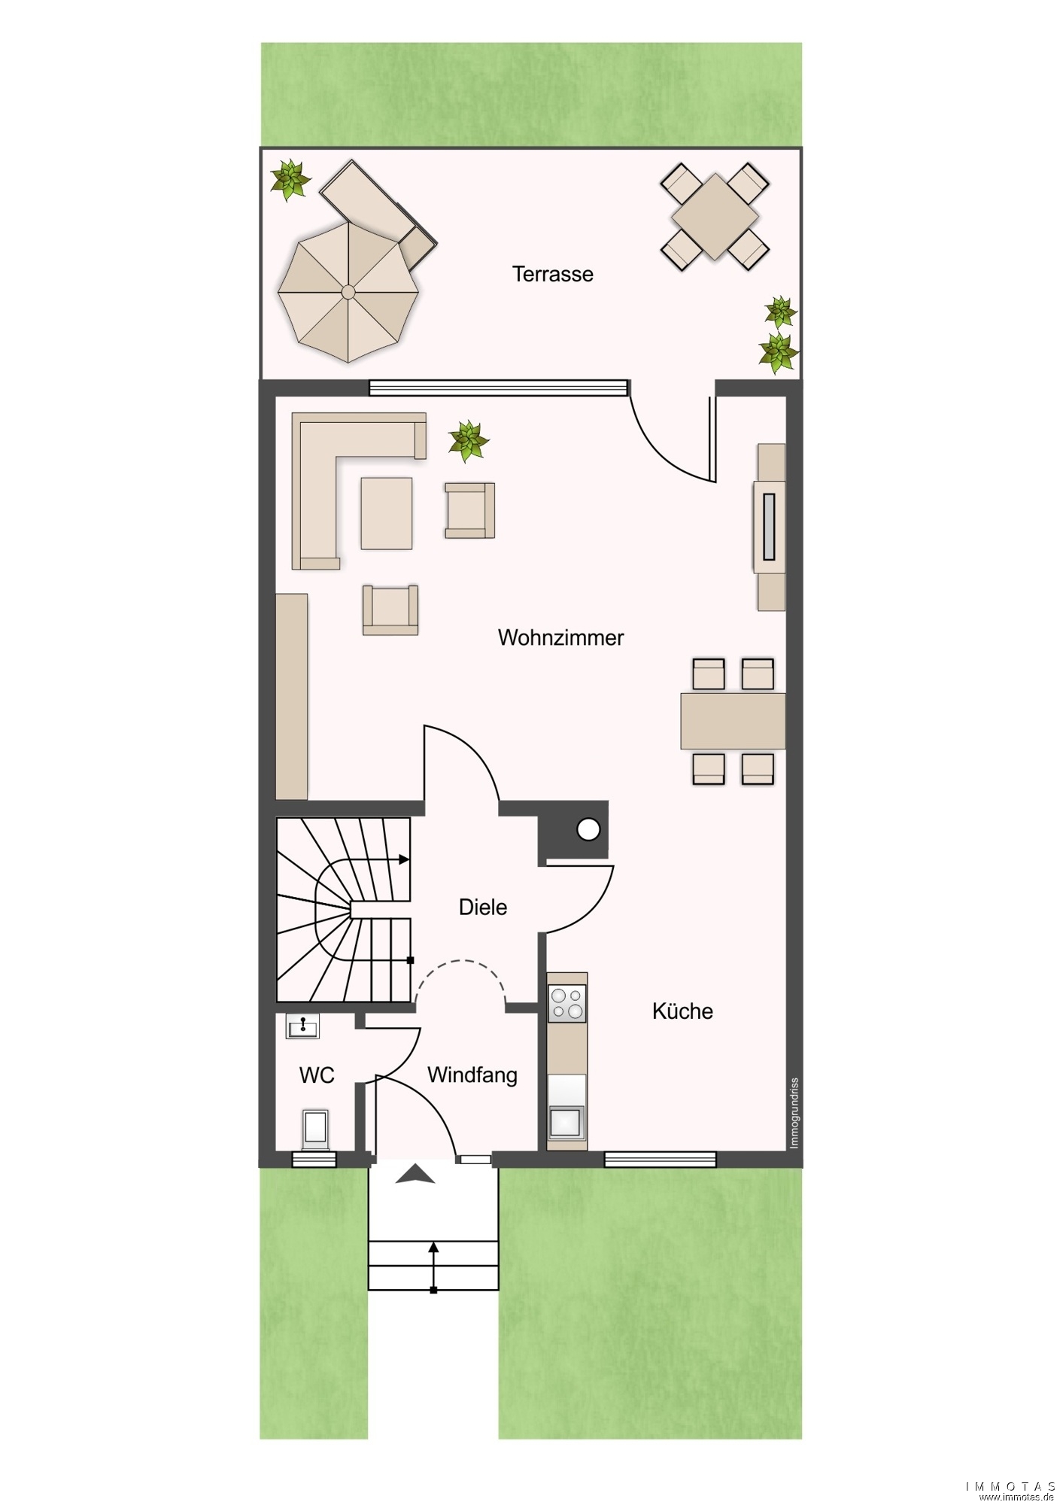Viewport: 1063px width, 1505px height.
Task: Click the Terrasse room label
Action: pyautogui.click(x=552, y=274)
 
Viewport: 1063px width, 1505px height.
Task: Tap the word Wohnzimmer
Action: pyautogui.click(x=560, y=637)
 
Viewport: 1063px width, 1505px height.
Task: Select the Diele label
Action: pyautogui.click(x=483, y=907)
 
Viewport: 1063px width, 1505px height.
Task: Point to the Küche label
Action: pyautogui.click(x=682, y=1011)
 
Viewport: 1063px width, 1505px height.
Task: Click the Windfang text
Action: pyautogui.click(x=472, y=1075)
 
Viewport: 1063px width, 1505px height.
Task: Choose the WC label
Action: pyautogui.click(x=317, y=1075)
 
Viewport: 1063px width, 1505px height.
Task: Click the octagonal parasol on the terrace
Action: pyautogui.click(x=348, y=291)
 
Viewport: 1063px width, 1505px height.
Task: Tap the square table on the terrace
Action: pyautogui.click(x=715, y=217)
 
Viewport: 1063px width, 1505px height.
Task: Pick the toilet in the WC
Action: pyautogui.click(x=315, y=1130)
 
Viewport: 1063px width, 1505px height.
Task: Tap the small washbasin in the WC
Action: pyautogui.click(x=302, y=1026)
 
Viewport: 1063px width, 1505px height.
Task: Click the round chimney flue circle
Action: pyautogui.click(x=588, y=830)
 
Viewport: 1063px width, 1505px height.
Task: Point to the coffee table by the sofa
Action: pyautogui.click(x=387, y=513)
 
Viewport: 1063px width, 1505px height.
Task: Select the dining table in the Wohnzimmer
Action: pyautogui.click(x=733, y=721)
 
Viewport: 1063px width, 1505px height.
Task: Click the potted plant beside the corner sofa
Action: pyautogui.click(x=468, y=440)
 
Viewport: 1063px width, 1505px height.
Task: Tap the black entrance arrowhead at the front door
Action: pyautogui.click(x=415, y=1174)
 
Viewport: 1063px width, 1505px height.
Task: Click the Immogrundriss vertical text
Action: pyautogui.click(x=794, y=1114)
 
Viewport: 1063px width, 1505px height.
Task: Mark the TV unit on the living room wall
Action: pyautogui.click(x=770, y=527)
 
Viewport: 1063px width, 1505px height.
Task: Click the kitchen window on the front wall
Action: pyautogui.click(x=661, y=1160)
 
